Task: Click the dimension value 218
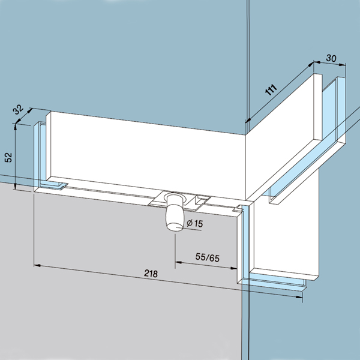[151, 274]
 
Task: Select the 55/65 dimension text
[208, 257]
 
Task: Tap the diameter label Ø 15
[194, 223]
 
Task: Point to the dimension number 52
[8, 157]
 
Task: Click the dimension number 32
[18, 110]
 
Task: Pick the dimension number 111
[271, 90]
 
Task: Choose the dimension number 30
[331, 58]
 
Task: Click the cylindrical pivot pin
[175, 212]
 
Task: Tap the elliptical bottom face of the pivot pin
[175, 226]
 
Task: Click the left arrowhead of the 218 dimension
[37, 265]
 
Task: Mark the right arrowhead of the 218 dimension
[299, 297]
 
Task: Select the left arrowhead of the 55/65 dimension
[178, 262]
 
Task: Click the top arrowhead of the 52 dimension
[16, 127]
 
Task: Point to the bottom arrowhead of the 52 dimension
[15, 186]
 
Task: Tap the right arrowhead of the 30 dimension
[343, 65]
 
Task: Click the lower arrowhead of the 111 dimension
[248, 120]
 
